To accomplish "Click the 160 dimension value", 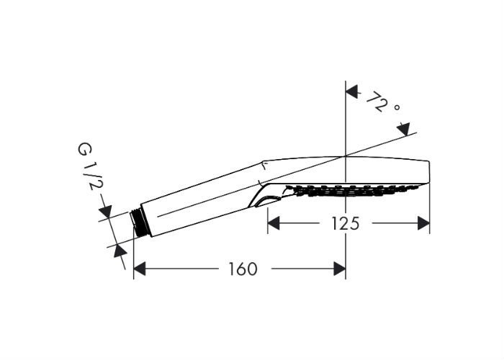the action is (243, 269).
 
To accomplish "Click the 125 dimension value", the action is (345, 223).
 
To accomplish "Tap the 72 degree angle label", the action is (383, 102).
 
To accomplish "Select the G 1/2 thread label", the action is (88, 166).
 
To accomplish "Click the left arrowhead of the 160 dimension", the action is (139, 269).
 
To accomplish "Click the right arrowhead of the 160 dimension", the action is (340, 269).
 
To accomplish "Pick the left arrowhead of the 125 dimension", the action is (274, 223).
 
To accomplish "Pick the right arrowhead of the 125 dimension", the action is (423, 223).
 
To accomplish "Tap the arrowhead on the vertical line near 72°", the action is (351, 92).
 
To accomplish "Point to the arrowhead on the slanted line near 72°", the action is (403, 129).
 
